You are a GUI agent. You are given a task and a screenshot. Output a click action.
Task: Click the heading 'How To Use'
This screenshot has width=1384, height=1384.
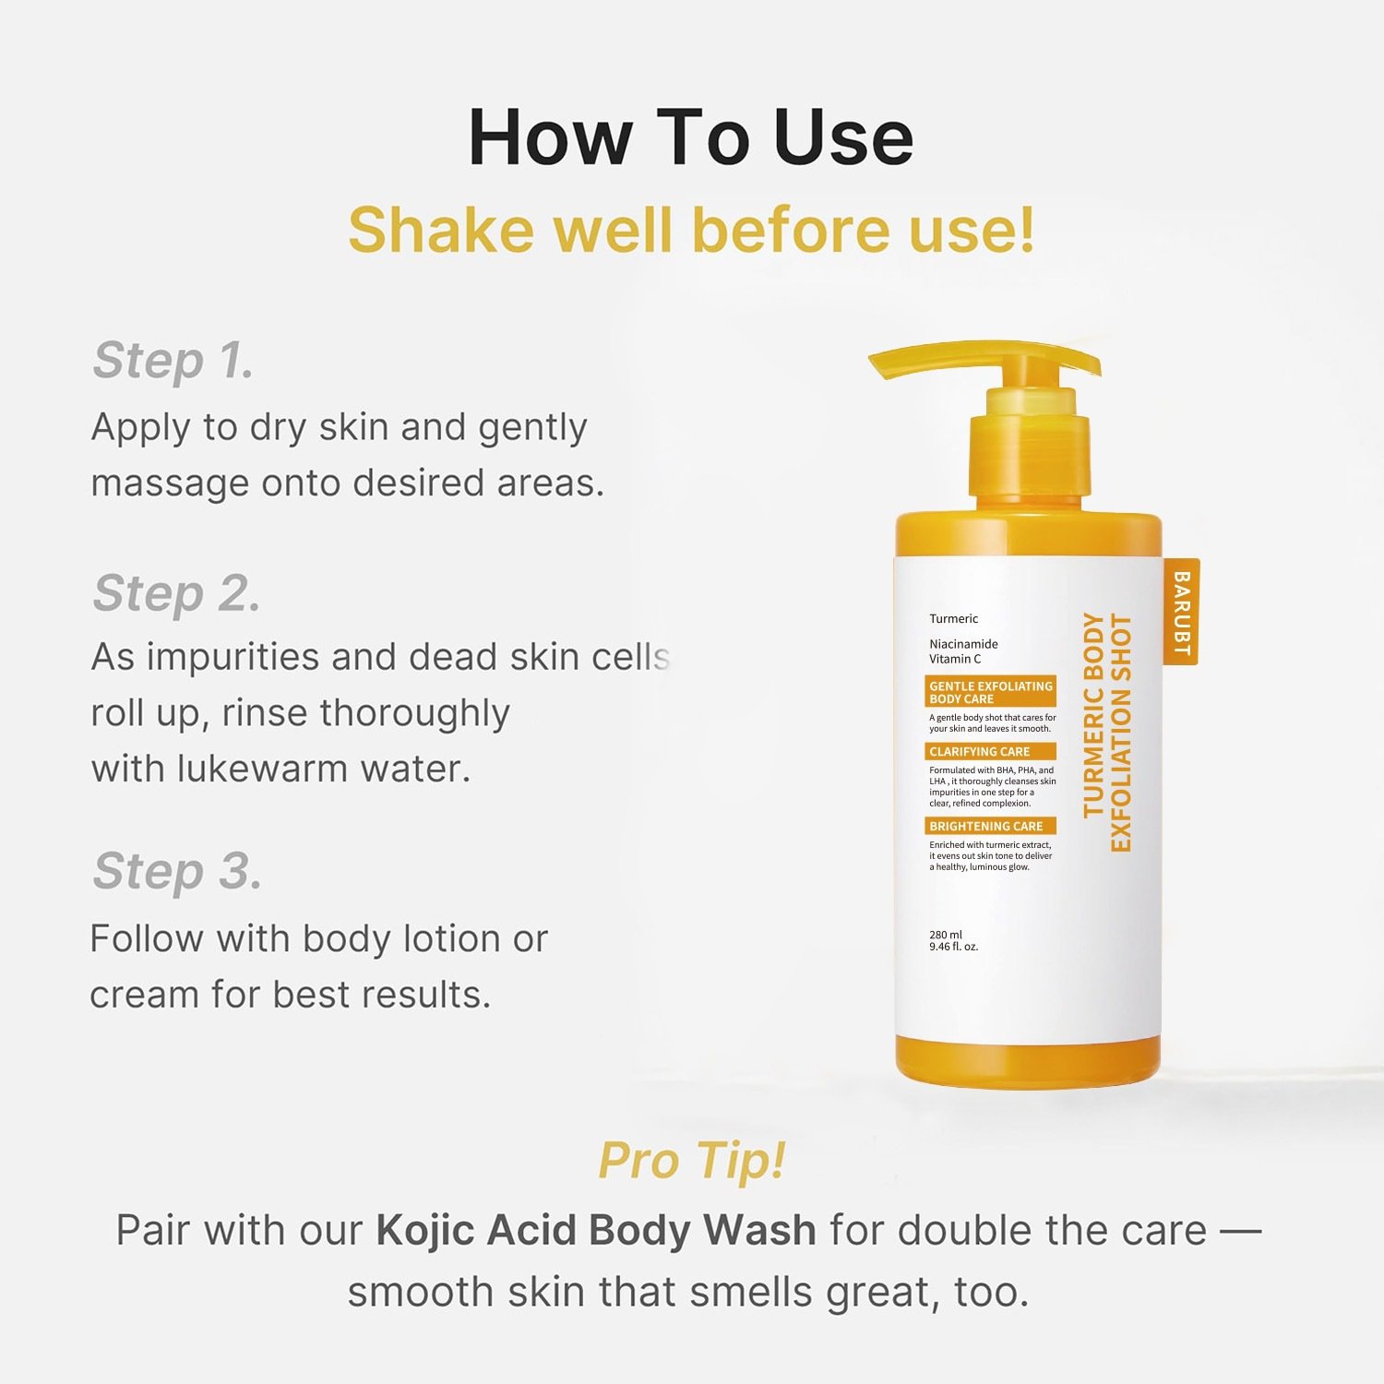tap(691, 137)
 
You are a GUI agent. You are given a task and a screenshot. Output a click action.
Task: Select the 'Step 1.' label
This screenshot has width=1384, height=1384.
tap(173, 360)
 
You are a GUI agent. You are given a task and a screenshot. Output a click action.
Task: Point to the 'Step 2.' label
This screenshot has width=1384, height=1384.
tap(176, 592)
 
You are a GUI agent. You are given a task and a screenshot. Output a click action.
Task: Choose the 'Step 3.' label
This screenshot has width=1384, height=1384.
tap(177, 871)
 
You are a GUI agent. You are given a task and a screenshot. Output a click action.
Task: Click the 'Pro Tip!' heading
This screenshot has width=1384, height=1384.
tap(692, 1160)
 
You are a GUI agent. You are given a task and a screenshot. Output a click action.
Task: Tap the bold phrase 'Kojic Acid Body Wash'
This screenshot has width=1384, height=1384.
tap(596, 1230)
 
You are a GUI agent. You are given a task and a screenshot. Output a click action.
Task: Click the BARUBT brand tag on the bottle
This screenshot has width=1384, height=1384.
tap(1181, 612)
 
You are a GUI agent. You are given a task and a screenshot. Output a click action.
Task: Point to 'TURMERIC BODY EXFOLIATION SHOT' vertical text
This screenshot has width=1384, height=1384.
tap(1106, 732)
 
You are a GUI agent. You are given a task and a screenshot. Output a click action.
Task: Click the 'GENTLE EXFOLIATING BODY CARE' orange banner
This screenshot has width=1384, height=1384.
tap(990, 692)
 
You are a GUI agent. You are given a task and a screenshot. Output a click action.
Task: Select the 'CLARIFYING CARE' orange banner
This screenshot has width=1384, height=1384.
tap(990, 752)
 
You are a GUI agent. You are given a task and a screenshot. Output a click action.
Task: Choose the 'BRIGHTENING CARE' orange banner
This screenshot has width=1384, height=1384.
tap(990, 827)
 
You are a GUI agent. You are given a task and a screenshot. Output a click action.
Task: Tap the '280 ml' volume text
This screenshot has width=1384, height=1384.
tap(946, 935)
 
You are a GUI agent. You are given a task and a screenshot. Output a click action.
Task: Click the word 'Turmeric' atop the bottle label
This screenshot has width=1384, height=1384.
tap(953, 619)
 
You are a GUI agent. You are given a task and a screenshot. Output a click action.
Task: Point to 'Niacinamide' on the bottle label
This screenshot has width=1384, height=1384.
tap(963, 644)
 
